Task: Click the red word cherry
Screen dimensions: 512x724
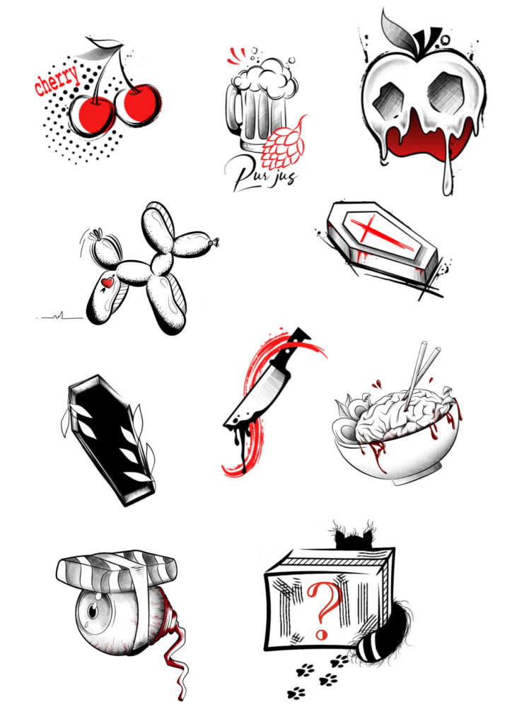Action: pos(57,81)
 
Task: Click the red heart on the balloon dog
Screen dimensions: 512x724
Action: pos(107,282)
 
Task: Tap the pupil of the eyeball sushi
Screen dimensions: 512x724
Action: pos(94,612)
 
